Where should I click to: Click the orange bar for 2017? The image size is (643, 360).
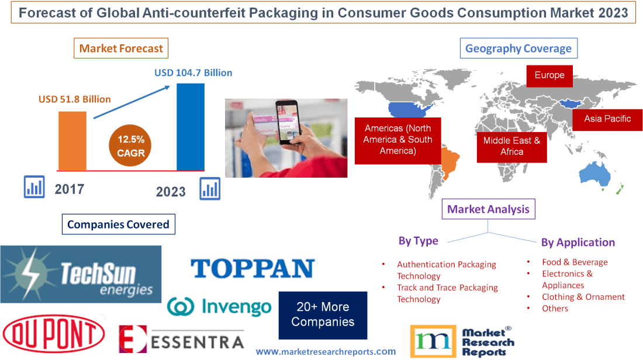click(x=72, y=140)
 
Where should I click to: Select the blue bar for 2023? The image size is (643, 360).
click(x=191, y=126)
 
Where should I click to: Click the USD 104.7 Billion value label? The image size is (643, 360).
click(x=193, y=73)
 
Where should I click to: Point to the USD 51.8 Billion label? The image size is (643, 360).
click(x=75, y=99)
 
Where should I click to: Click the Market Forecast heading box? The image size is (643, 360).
click(x=121, y=49)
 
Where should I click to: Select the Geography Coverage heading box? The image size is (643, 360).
click(x=518, y=49)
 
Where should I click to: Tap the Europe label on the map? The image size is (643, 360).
click(x=549, y=75)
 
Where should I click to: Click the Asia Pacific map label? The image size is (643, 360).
click(x=608, y=119)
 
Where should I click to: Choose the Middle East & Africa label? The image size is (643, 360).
click(x=511, y=146)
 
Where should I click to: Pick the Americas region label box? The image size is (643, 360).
click(x=397, y=140)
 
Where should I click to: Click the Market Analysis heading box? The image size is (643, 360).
click(x=488, y=209)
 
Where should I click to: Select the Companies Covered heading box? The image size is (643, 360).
click(x=118, y=224)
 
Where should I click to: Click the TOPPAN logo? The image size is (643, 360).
click(x=253, y=269)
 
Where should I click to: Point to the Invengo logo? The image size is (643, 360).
click(x=219, y=307)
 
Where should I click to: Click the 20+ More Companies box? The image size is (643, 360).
click(x=323, y=315)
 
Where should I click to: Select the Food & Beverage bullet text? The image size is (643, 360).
click(x=575, y=262)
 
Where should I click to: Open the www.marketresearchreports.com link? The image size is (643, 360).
click(x=326, y=352)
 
